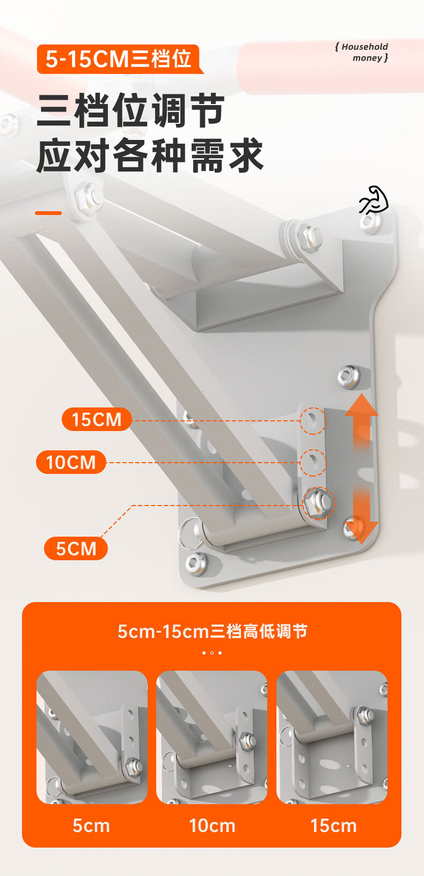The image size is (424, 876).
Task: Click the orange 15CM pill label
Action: [97, 419]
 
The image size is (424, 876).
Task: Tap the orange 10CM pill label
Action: [71, 462]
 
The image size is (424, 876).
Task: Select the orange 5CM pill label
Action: [76, 548]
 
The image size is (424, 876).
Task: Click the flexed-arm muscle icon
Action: [374, 200]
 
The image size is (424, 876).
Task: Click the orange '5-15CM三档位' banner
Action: [119, 59]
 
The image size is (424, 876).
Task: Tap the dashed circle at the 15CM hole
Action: [313, 421]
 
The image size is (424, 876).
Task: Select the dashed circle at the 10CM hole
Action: [313, 463]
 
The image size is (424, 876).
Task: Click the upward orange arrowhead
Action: [361, 405]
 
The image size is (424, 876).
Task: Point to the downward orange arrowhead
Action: [361, 533]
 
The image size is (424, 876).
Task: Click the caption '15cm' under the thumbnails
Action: [333, 826]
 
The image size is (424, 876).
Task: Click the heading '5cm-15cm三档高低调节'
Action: [213, 632]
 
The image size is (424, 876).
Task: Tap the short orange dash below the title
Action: [48, 213]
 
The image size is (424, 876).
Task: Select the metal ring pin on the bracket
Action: [190, 533]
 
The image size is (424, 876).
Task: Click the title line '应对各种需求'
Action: [150, 155]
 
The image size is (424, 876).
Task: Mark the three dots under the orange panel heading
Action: [212, 652]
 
